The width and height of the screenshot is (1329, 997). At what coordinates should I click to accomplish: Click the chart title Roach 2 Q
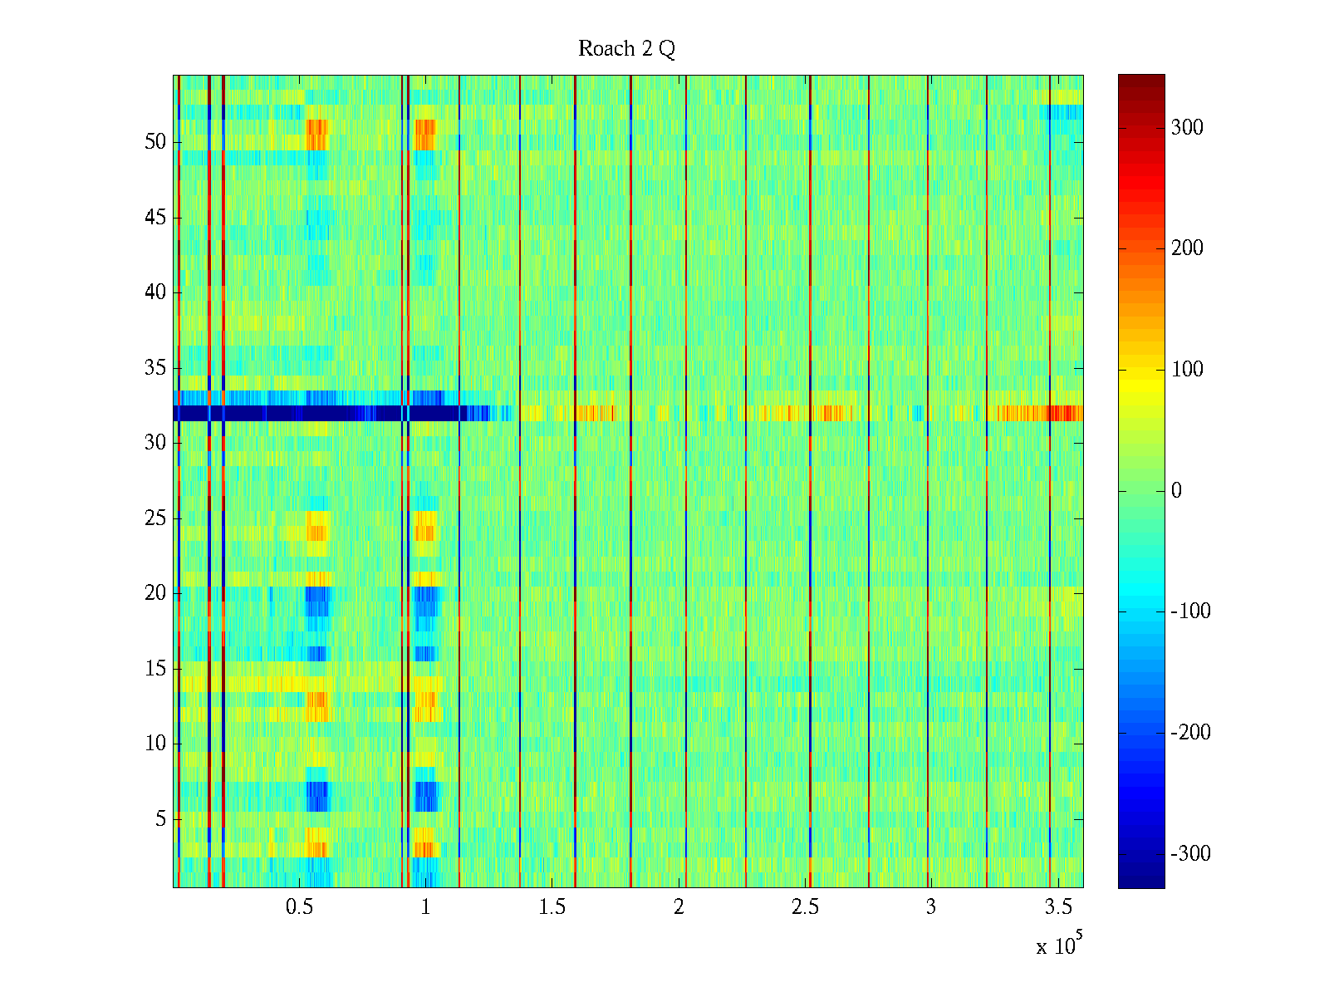coord(626,49)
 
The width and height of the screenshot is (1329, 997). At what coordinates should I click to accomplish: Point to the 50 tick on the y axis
coord(155,142)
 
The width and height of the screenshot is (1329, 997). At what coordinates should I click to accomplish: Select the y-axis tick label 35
coord(155,368)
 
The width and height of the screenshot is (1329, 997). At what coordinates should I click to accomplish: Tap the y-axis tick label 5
coord(160,819)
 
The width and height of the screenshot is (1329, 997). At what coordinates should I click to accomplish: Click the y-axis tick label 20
coord(155,593)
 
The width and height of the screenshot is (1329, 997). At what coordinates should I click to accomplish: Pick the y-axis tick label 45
coord(155,218)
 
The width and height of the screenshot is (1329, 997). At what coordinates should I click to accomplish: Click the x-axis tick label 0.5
coord(299,907)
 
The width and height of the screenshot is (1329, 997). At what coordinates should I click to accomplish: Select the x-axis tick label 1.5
coord(552,907)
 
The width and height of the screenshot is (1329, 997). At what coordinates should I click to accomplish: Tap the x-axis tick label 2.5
coord(804,907)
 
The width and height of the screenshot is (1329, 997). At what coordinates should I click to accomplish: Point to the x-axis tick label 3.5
coord(1057,907)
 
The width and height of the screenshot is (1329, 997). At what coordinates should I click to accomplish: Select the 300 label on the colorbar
coord(1186,127)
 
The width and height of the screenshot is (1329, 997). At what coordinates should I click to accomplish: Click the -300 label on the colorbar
coord(1190,854)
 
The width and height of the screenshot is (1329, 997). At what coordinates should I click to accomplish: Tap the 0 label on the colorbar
coord(1176,491)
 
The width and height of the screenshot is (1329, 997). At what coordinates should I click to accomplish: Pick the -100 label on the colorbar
coord(1190,611)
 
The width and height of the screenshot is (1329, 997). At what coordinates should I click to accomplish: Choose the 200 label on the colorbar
coord(1186,248)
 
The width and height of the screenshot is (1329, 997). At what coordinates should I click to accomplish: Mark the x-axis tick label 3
coord(930,907)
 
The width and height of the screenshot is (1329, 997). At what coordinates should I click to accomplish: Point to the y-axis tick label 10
coord(155,744)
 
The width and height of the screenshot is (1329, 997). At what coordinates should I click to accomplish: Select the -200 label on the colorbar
coord(1190,733)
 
